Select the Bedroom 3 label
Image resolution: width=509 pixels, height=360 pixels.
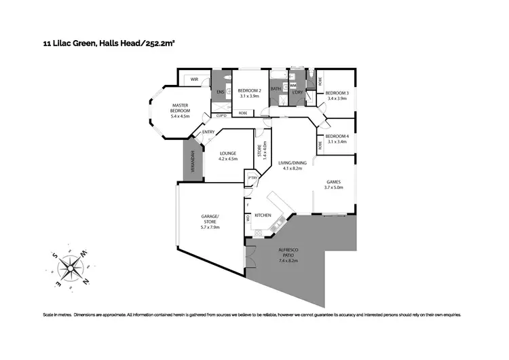337,96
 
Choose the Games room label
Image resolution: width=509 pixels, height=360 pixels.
333,185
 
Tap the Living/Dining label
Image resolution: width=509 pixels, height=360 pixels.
292,166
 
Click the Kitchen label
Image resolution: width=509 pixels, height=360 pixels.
263,215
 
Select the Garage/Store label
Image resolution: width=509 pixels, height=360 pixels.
210,221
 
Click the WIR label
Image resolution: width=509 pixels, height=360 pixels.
193,79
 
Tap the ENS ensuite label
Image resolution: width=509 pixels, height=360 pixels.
220,93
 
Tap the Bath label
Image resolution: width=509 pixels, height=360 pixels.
276,89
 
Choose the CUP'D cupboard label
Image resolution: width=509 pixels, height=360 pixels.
221,115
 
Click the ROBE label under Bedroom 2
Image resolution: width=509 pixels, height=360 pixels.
242,113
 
